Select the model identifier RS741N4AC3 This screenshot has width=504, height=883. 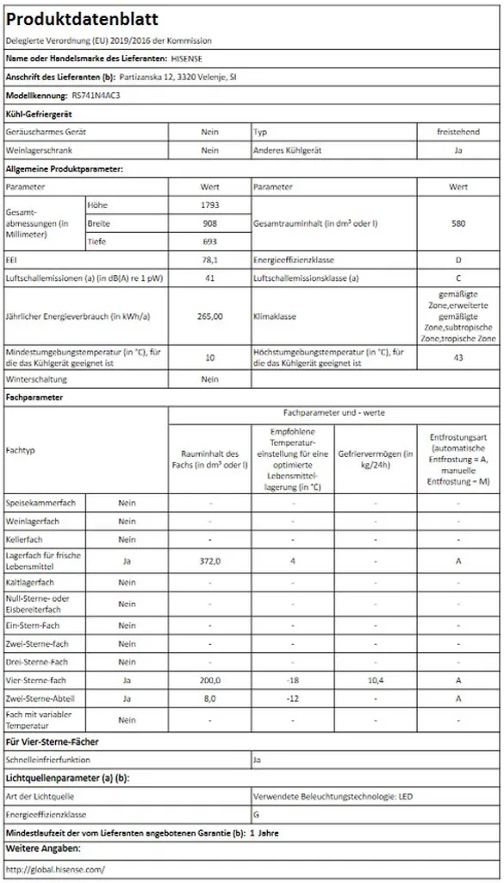point(96,96)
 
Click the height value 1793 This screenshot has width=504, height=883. point(209,204)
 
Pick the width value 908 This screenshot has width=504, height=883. point(209,223)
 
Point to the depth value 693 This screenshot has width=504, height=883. point(209,242)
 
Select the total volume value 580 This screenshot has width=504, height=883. point(458,223)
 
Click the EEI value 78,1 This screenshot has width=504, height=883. point(209,260)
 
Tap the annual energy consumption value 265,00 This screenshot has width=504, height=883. point(209,316)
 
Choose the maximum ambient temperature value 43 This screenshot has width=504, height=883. point(458,358)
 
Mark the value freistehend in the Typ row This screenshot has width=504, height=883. point(458,132)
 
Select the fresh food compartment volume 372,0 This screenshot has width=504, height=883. point(209,561)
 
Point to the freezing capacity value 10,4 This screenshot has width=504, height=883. point(375,681)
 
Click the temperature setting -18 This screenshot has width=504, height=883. point(292,681)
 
